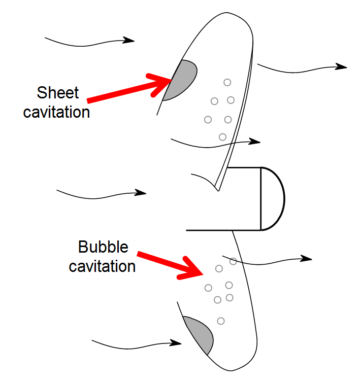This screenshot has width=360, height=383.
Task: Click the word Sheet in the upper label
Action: pyautogui.click(x=58, y=93)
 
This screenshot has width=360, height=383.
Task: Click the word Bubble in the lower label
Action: pyautogui.click(x=103, y=248)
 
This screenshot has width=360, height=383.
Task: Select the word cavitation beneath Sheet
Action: pyautogui.click(x=56, y=112)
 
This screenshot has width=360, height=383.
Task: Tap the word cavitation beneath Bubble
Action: pyautogui.click(x=102, y=266)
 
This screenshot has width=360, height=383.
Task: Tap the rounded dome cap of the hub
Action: pyautogui.click(x=273, y=198)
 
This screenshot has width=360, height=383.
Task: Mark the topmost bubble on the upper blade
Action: pyautogui.click(x=227, y=82)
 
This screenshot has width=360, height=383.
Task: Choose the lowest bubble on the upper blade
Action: pyautogui.click(x=222, y=137)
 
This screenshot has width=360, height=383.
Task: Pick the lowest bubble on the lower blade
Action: pyautogui.click(x=221, y=321)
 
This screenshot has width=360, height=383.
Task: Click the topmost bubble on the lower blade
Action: pyautogui.click(x=233, y=261)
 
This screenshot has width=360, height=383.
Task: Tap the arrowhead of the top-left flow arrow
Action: pyautogui.click(x=130, y=40)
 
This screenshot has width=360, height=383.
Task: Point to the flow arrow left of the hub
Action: pyautogui.click(x=102, y=193)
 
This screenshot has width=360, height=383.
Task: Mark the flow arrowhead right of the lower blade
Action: pyautogui.click(x=307, y=258)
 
